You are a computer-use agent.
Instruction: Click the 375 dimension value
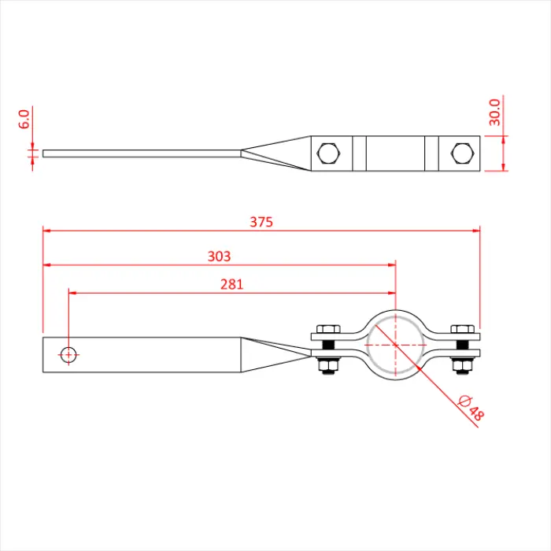pos(261,222)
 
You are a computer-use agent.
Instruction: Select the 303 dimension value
pos(219,256)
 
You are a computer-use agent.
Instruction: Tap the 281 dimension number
pos(231,284)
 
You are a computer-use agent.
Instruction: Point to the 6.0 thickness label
pos(24,119)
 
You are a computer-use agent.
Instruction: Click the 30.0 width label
pos(494,112)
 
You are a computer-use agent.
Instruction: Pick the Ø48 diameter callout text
pos(471,408)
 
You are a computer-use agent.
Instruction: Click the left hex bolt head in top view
pos(328,153)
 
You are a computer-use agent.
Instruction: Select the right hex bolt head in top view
pos(463,153)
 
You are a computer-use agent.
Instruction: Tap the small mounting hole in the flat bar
pos(68,354)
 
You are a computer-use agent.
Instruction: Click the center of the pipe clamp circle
pos(396,345)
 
